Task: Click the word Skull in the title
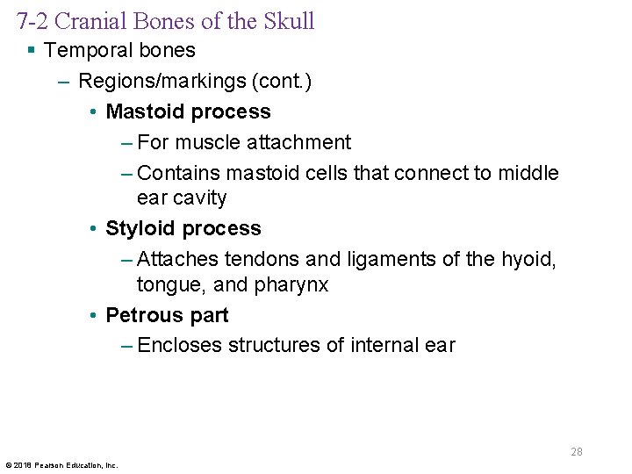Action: (285, 21)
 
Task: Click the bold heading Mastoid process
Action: (188, 111)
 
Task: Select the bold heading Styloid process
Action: (183, 228)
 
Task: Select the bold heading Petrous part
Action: (167, 315)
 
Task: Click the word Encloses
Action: (180, 345)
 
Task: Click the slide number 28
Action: (577, 452)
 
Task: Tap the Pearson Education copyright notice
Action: (61, 465)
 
